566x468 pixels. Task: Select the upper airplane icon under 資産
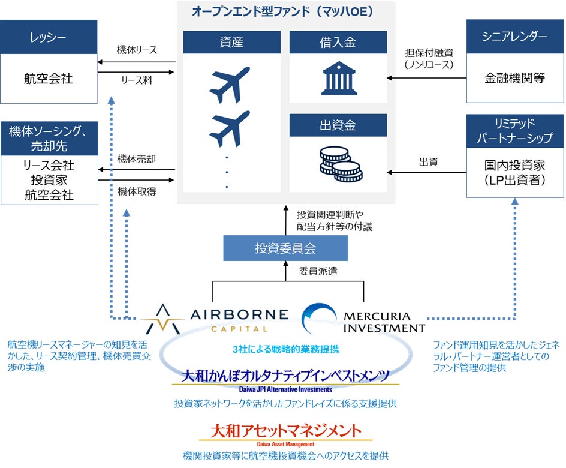(x=230, y=83)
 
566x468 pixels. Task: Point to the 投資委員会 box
(x=285, y=248)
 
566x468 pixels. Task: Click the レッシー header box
(x=49, y=37)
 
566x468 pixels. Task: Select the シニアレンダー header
(x=514, y=37)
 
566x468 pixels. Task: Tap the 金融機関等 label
(x=514, y=78)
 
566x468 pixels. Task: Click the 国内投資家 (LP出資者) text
(x=514, y=172)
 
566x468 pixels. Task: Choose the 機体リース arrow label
(x=137, y=50)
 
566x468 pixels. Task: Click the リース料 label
(x=137, y=79)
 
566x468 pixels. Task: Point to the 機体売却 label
(x=137, y=159)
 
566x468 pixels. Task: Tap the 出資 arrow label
(x=427, y=161)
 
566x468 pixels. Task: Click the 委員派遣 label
(x=318, y=271)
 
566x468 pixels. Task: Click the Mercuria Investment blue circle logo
(x=320, y=317)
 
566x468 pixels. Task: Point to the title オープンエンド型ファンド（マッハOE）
(x=285, y=11)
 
